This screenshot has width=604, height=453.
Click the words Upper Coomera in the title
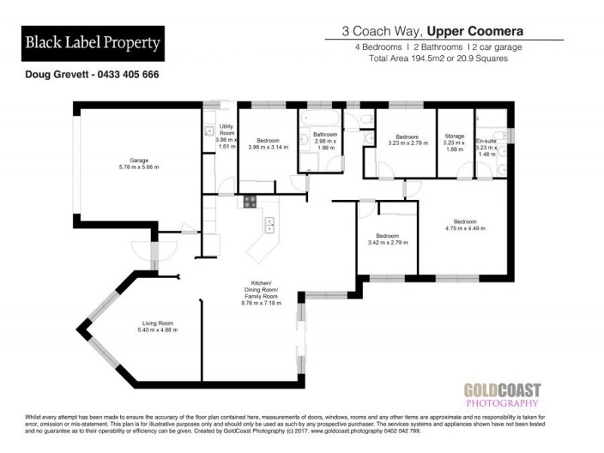(474, 32)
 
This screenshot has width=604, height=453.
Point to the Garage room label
(138, 160)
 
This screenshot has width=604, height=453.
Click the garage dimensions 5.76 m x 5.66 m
(138, 167)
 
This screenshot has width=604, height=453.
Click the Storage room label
(455, 136)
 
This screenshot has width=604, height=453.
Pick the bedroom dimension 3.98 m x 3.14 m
(268, 147)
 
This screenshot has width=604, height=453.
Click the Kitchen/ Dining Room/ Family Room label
(260, 290)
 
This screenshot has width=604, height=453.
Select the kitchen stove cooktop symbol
(250, 202)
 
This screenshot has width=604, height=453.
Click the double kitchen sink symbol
(268, 226)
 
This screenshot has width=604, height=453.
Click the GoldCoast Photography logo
(502, 397)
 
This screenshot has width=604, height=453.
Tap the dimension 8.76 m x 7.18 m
(260, 303)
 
